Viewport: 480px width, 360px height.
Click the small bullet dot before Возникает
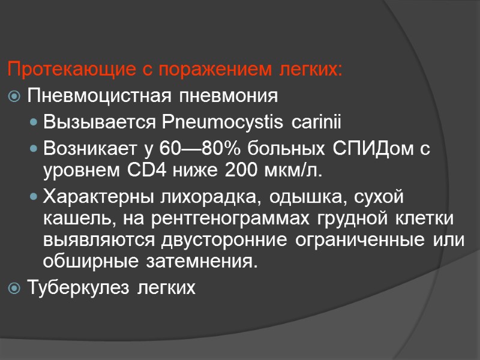[x=36, y=149]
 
